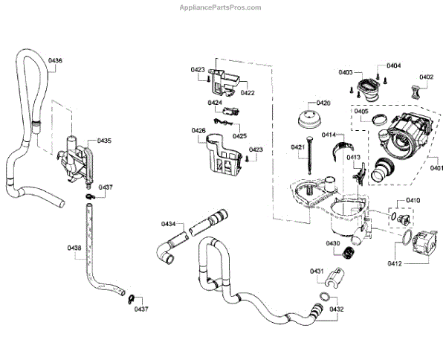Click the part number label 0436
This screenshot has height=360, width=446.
pos(56,60)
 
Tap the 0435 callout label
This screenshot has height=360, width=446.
pos(104,140)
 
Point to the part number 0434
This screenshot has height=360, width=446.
pos(169,224)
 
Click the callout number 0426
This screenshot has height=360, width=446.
pos(198,131)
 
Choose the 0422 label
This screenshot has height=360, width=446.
pos(248,93)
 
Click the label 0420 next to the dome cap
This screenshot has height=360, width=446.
pos(323,103)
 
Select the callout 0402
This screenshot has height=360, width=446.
pos(426,77)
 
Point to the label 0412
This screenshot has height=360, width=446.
pos(394,263)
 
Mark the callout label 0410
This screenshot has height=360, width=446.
pos(413,201)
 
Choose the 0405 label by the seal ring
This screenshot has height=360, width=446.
pos(361,112)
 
